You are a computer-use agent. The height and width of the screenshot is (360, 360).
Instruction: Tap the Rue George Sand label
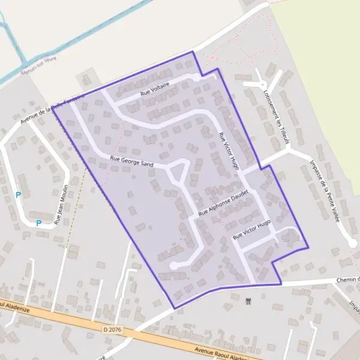pos(131,161)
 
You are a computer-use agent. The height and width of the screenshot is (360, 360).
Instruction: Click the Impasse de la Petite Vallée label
pos(325,191)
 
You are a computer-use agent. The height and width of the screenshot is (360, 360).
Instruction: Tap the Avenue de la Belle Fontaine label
pos(52,109)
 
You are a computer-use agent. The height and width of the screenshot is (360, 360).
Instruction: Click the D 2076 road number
pos(112,329)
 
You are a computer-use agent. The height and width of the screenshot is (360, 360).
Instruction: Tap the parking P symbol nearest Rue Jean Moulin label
pos(38,223)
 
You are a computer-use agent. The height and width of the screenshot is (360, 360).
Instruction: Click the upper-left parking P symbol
pos(19,195)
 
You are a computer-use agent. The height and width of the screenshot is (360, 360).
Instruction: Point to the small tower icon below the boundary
pos(248,301)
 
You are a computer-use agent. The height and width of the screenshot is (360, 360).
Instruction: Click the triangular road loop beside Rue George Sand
pos(178,173)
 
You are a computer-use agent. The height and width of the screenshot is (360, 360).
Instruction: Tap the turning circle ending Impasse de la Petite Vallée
pos(353,242)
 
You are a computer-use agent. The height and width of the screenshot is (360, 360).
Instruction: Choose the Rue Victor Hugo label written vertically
pos(229,150)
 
